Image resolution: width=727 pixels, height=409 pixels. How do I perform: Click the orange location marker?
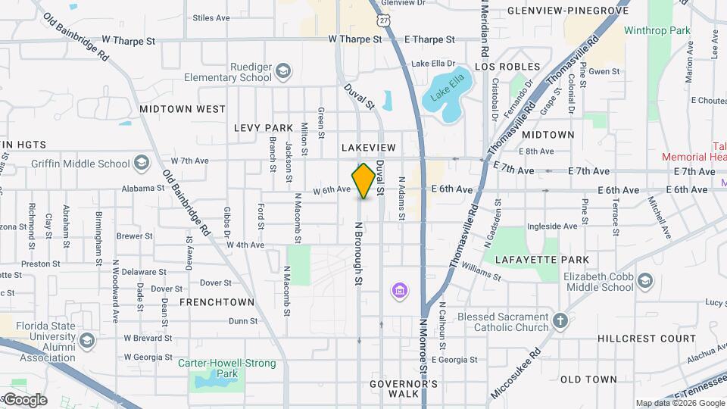pyautogui.click(x=364, y=181)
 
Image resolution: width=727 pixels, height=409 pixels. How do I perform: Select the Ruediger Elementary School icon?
pyautogui.click(x=282, y=72)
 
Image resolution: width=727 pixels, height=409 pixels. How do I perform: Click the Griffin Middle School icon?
pyautogui.click(x=142, y=163)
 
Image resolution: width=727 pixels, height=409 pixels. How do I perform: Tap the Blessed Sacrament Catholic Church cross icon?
pyautogui.click(x=560, y=321)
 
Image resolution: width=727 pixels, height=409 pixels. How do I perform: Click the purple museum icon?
pyautogui.click(x=398, y=290)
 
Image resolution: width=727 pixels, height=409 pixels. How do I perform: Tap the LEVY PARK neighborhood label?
pyautogui.click(x=263, y=128)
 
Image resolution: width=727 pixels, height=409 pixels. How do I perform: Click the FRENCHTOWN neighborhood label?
pyautogui.click(x=217, y=302)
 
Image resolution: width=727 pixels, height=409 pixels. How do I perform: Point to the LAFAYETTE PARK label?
pyautogui.click(x=541, y=260)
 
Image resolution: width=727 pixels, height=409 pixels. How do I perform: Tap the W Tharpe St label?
pyautogui.click(x=355, y=39)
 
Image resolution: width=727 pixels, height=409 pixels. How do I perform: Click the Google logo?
pyautogui.click(x=24, y=400)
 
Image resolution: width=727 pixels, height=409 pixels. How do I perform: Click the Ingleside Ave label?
pyautogui.click(x=552, y=226)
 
